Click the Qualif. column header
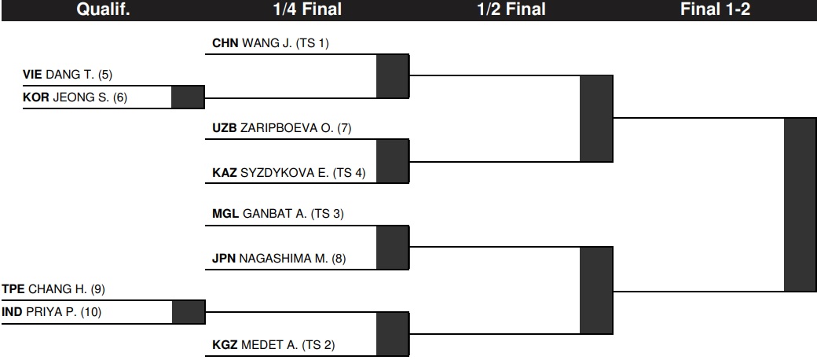[x=103, y=9]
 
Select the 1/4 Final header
[x=307, y=9]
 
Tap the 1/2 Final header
[x=511, y=9]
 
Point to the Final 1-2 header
[x=716, y=9]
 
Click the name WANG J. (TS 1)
[x=285, y=43]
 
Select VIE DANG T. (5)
[x=68, y=75]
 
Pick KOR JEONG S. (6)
[x=75, y=97]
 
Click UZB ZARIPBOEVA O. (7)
[x=282, y=128]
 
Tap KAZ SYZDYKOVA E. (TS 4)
[x=289, y=172]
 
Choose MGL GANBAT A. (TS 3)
[x=278, y=214]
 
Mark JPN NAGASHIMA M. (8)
[x=280, y=258]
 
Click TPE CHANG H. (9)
[x=53, y=289]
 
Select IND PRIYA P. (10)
[x=52, y=312]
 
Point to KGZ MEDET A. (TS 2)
[x=274, y=345]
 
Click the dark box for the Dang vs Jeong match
[x=188, y=97]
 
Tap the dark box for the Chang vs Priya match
[x=189, y=312]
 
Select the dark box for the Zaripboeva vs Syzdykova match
[x=393, y=161]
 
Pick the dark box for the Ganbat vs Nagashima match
[x=393, y=248]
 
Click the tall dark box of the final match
[x=801, y=204]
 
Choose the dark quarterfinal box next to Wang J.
[x=393, y=76]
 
